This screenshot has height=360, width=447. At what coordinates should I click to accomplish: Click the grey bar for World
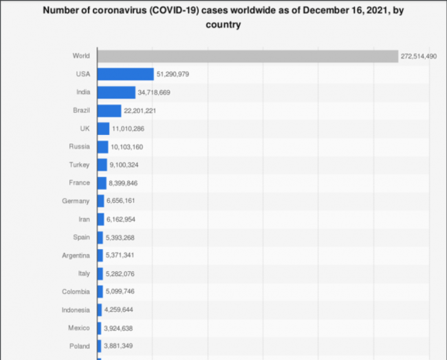point(248,56)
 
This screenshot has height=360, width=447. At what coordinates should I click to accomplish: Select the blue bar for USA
point(125,74)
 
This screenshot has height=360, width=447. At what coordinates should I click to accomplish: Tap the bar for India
point(116,92)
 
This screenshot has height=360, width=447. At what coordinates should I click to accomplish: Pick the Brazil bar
point(109,110)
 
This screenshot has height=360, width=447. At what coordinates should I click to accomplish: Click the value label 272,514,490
point(418,56)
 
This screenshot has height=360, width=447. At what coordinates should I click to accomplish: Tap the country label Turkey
point(79,165)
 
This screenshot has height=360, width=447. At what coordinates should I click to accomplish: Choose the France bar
point(102,182)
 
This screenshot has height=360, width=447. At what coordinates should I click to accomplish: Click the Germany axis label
point(76,201)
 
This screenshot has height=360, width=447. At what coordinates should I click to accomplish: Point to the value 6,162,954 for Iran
point(122,219)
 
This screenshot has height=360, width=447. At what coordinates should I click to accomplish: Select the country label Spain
point(80,237)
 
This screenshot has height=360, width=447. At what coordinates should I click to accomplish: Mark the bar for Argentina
point(100,255)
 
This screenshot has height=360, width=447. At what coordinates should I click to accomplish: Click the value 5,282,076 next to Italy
point(122,273)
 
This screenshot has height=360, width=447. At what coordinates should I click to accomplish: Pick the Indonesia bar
point(100,309)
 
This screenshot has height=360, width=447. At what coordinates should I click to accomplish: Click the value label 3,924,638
point(120,328)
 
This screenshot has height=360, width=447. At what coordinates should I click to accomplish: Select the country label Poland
point(79,346)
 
